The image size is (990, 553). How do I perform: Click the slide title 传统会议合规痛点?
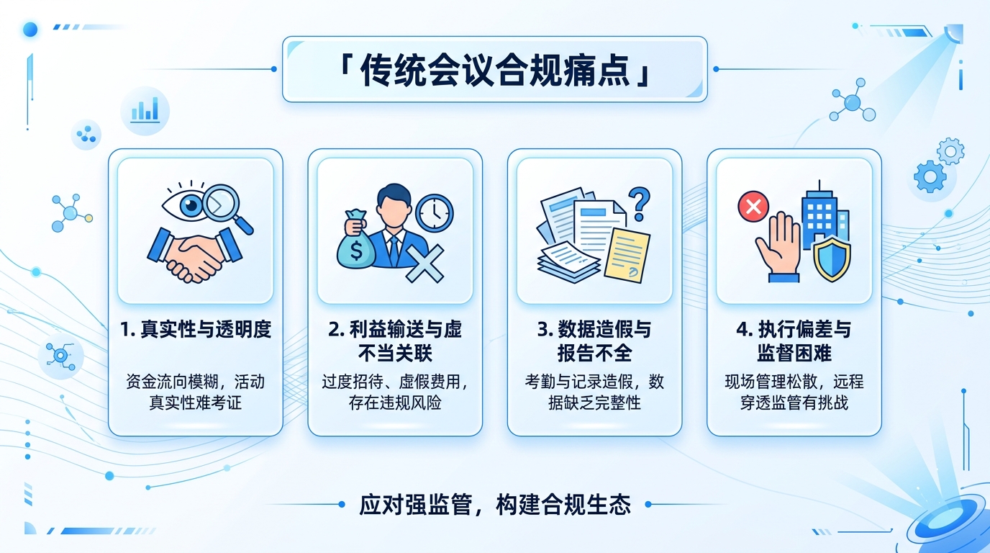[x=495, y=70]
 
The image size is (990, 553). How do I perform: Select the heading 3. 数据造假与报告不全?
[x=594, y=341]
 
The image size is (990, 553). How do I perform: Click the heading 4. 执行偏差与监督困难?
[x=794, y=341]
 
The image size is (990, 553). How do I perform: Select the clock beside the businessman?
[x=435, y=212]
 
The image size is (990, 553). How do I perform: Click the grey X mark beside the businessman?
[x=425, y=262]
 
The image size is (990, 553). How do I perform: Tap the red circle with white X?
[x=753, y=207]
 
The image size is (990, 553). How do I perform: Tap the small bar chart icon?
[x=145, y=110]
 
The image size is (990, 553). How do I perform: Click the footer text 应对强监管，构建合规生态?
[x=495, y=505]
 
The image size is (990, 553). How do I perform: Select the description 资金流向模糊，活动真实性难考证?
[x=195, y=392]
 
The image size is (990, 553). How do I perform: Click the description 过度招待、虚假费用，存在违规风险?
[x=395, y=392]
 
